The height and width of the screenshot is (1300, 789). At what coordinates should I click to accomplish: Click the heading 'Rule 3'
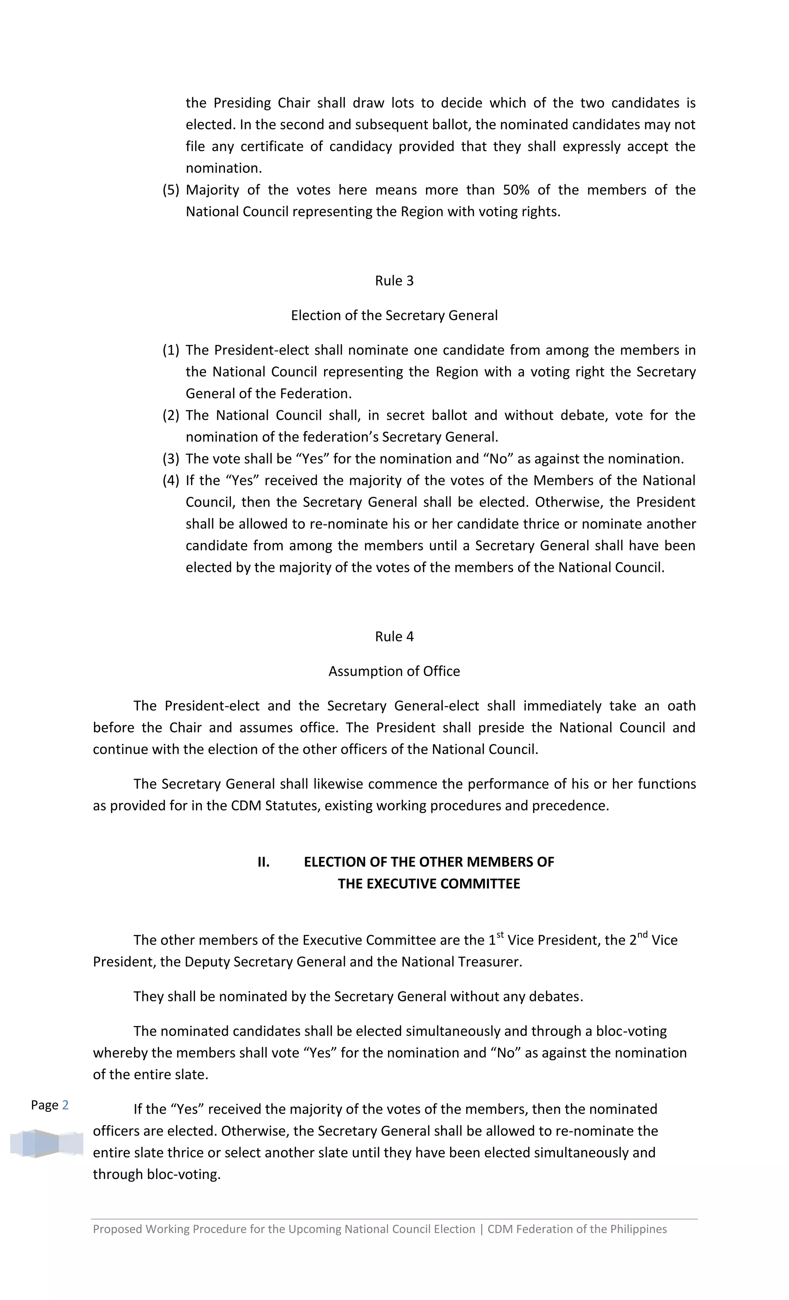click(x=394, y=281)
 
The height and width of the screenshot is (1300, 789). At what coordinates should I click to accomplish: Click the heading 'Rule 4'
click(x=394, y=636)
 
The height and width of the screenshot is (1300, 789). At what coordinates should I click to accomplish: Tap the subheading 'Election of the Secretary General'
click(x=394, y=316)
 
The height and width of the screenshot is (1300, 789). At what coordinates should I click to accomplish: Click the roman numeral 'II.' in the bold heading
click(x=263, y=862)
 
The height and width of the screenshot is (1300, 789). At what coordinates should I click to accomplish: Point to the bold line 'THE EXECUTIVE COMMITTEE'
click(x=429, y=884)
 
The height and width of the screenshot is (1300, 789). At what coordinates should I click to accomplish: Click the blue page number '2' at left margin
click(x=65, y=1105)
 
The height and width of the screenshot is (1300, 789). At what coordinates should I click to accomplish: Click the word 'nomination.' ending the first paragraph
click(x=223, y=168)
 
